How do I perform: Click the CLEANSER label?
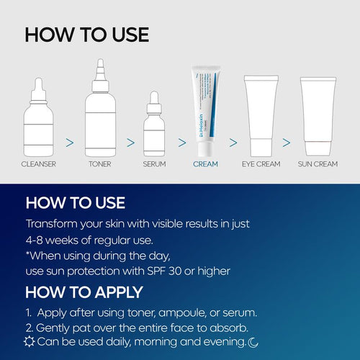point(40,164)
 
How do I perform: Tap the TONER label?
point(99,164)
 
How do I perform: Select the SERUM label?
point(154,164)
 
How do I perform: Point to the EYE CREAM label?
point(261,164)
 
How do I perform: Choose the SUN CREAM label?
point(318,164)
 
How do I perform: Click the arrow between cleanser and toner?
point(69,143)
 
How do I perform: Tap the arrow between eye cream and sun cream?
point(287,143)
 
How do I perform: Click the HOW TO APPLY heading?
point(84,292)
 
